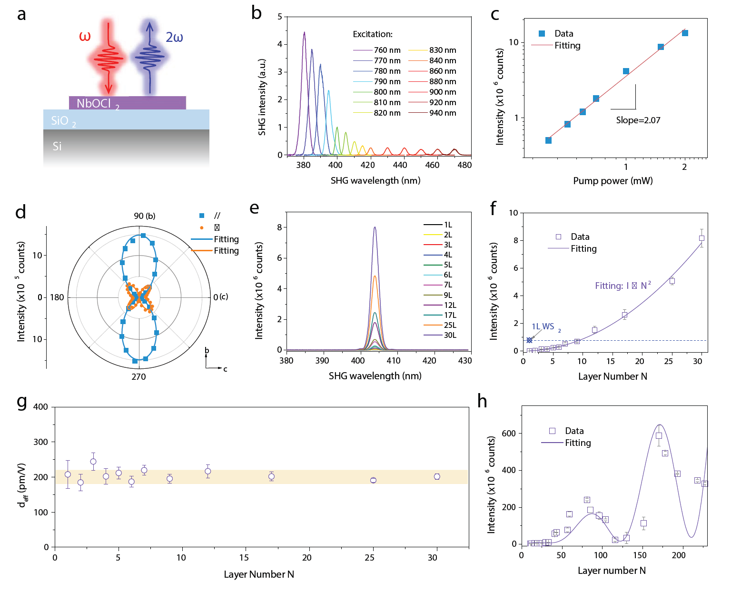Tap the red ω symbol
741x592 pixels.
(85, 37)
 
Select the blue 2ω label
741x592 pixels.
(174, 38)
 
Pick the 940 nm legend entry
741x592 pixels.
(442, 113)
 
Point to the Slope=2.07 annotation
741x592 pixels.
(638, 120)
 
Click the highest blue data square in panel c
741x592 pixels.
(685, 33)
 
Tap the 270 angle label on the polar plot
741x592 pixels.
(138, 376)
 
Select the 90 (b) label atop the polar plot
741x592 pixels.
(145, 216)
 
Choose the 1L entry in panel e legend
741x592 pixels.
(448, 225)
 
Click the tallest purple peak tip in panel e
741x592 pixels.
(375, 227)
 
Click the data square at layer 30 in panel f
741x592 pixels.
(701, 238)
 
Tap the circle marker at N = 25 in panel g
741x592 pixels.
(373, 480)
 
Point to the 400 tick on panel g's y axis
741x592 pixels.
(40, 407)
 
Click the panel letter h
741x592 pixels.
(482, 401)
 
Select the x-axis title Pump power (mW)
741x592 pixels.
(613, 180)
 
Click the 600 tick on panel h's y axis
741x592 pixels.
(509, 433)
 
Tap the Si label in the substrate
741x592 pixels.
(57, 146)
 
